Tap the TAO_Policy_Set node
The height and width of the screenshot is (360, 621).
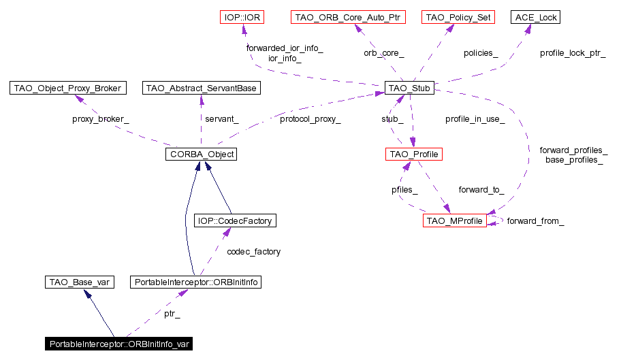(457, 17)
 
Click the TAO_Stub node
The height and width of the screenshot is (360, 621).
(409, 88)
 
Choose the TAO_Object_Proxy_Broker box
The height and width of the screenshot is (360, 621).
(68, 88)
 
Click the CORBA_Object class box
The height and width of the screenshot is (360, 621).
(200, 154)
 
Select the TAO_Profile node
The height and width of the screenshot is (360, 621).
(413, 154)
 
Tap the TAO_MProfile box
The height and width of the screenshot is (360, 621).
(454, 221)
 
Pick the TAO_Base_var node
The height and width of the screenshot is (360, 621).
(78, 282)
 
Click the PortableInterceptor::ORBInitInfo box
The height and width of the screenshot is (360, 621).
(196, 282)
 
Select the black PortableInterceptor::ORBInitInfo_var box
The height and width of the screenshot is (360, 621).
(118, 344)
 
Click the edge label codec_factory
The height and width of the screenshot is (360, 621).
(253, 252)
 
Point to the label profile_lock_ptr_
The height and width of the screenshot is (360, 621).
(572, 53)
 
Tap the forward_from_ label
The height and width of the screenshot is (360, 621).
(535, 222)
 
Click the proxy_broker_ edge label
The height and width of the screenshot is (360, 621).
(101, 119)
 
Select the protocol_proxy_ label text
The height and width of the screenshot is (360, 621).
(310, 119)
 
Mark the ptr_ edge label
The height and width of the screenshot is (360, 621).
(172, 314)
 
